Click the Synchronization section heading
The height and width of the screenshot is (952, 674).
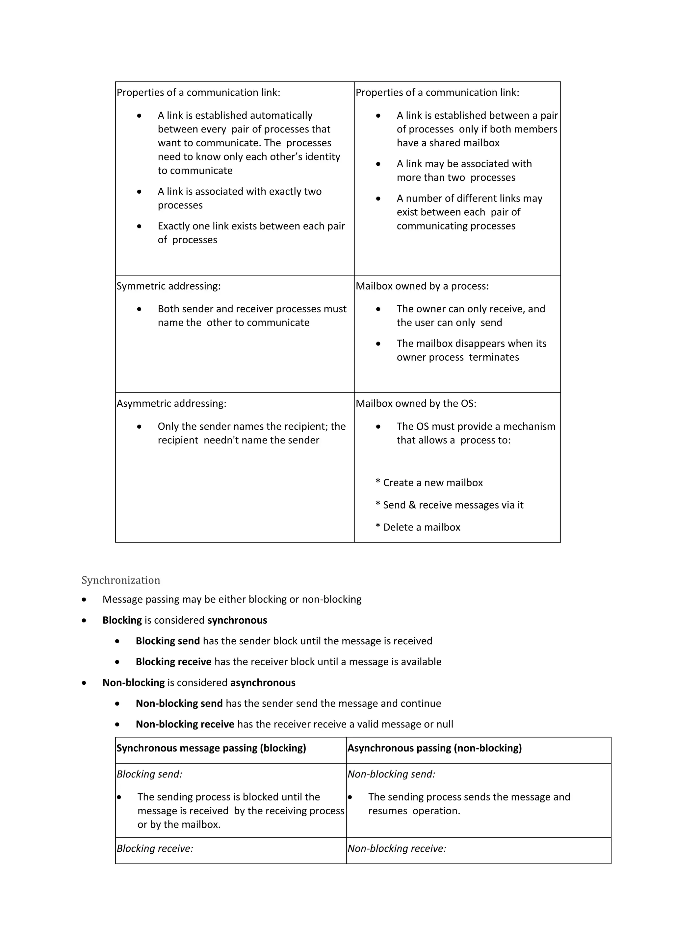(x=120, y=580)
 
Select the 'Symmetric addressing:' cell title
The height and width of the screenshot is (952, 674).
(x=168, y=286)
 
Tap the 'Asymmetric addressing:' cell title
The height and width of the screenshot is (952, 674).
(x=171, y=403)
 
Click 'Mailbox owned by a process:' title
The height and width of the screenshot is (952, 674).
(x=422, y=286)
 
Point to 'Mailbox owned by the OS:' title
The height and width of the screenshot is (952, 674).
(x=416, y=403)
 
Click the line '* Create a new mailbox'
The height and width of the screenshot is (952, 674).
(x=429, y=483)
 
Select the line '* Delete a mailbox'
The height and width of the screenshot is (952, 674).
(x=418, y=527)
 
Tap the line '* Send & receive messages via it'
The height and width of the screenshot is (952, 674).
(x=450, y=505)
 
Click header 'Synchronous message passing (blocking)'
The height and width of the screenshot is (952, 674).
(x=211, y=748)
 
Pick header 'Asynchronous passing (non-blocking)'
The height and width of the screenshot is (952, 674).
(x=434, y=748)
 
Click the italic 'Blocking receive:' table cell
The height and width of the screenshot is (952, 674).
(x=155, y=848)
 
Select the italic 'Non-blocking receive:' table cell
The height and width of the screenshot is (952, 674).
(x=397, y=848)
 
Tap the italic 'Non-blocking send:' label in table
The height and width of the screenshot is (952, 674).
(x=391, y=774)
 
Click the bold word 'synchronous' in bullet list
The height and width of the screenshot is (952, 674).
(x=237, y=620)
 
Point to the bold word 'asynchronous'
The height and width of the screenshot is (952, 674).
(x=263, y=682)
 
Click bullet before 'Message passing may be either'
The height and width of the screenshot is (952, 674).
(x=84, y=600)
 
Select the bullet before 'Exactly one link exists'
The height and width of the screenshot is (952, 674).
(x=139, y=226)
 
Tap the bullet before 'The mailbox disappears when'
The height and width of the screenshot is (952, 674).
(x=378, y=344)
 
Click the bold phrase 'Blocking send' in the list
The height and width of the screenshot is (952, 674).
(x=168, y=641)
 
